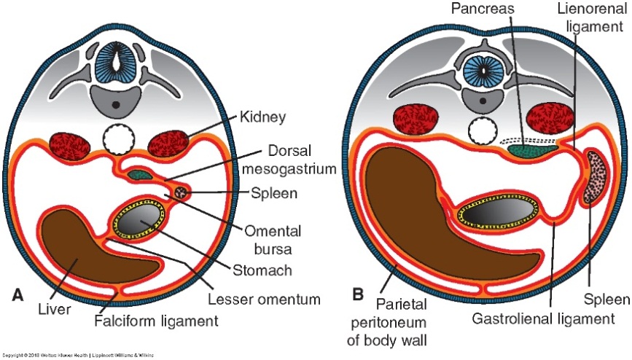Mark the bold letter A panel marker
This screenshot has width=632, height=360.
pyautogui.click(x=18, y=295)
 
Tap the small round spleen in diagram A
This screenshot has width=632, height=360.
pyautogui.click(x=180, y=192)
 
